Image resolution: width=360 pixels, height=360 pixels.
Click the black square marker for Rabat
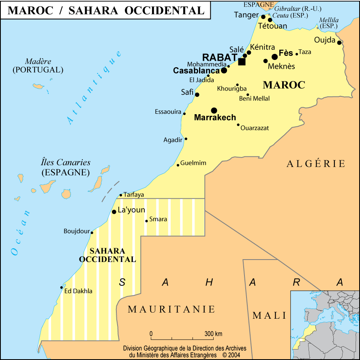242,62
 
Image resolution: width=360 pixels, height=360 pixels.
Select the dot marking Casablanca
224,70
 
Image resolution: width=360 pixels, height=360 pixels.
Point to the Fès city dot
274,57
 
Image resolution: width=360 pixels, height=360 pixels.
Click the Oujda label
325,40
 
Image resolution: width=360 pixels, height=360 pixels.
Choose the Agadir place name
173,140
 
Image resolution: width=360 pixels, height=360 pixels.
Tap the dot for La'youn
114,212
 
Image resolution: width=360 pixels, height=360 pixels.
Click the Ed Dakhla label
78,291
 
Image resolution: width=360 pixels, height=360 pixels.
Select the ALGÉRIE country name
316,164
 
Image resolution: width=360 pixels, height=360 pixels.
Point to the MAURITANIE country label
171,309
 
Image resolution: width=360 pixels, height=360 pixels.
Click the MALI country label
270,315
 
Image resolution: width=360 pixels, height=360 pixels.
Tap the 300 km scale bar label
213,334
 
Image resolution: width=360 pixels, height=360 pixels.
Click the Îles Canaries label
66,162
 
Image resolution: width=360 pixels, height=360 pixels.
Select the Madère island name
38,62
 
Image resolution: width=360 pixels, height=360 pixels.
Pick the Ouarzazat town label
255,128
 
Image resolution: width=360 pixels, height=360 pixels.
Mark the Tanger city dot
263,17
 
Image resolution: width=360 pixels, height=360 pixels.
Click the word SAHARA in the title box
94,11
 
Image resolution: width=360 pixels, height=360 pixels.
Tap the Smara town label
158,219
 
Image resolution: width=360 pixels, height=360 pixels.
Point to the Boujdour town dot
92,232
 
